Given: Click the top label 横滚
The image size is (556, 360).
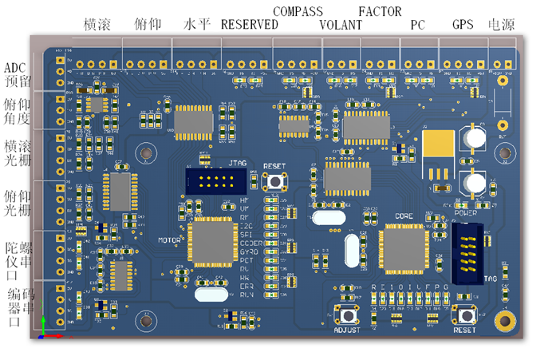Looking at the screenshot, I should click(x=99, y=25).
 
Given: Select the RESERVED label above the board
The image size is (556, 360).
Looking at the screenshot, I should click(x=250, y=25).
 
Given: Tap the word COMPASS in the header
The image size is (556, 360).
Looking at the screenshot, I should click(x=298, y=11).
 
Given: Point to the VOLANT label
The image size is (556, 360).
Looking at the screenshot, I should click(x=341, y=25).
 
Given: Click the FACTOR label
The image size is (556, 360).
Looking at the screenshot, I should click(x=380, y=11).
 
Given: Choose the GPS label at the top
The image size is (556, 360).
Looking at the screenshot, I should click(x=463, y=25).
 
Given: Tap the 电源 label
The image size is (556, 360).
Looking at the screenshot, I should click(x=500, y=25).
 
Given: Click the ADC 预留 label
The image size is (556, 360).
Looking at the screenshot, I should click(x=18, y=74).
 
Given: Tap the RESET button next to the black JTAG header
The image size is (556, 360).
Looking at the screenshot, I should click(x=279, y=180).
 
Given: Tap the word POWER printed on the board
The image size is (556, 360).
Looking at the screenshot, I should click(x=465, y=213).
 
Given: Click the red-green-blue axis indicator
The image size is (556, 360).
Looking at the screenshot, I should click(x=48, y=329).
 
